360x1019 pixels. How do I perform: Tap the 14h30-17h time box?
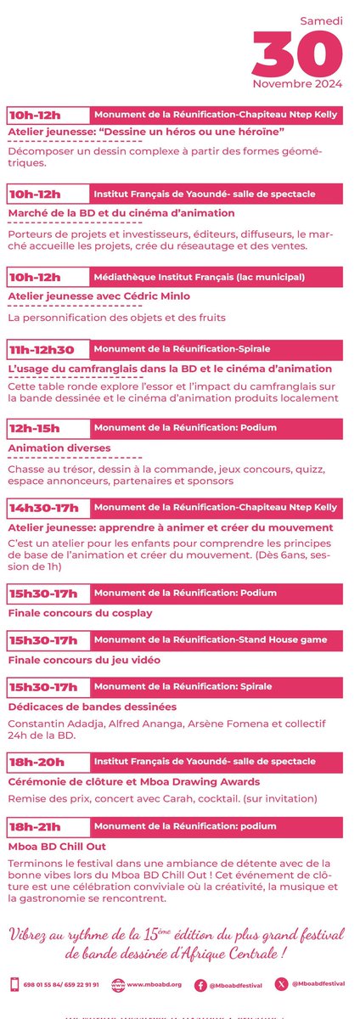point(47,508)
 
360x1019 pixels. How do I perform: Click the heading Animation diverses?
point(59,448)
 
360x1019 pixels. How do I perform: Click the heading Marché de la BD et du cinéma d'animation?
point(121,212)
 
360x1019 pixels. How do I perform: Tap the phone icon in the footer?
point(14,985)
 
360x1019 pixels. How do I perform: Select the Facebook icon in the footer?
point(200,985)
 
